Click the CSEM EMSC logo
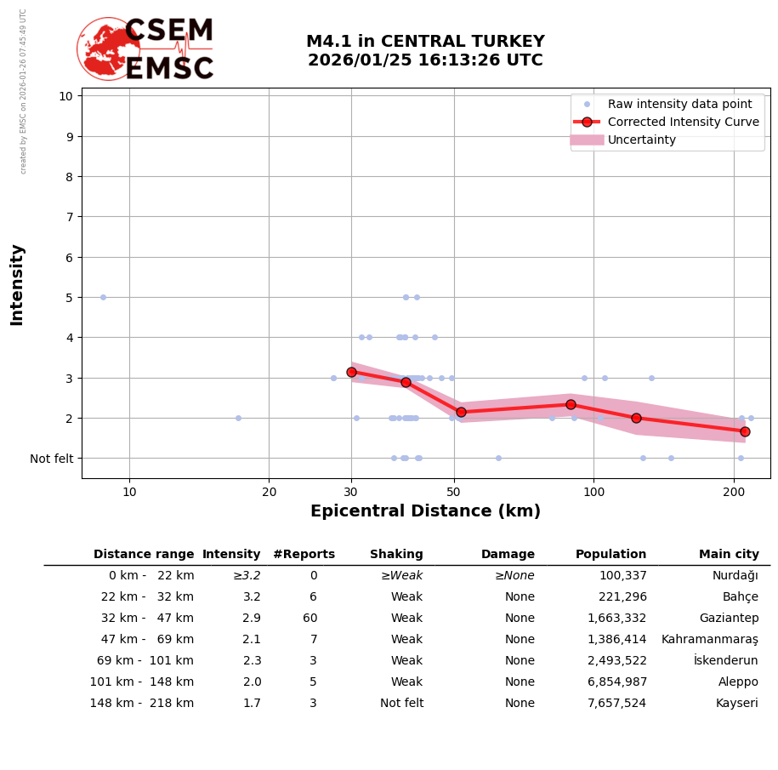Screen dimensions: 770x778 click(x=145, y=49)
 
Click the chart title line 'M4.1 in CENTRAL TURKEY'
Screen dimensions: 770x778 click(x=425, y=42)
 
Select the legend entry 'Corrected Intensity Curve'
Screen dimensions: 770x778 click(x=683, y=122)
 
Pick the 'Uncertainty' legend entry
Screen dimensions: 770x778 click(x=641, y=140)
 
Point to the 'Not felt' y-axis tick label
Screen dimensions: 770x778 click(x=52, y=459)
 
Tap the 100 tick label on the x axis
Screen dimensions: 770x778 click(x=593, y=492)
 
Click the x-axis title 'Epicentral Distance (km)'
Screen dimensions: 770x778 click(x=425, y=511)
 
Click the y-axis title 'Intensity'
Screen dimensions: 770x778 click(x=17, y=284)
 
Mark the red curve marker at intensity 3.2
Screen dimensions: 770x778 click(x=351, y=372)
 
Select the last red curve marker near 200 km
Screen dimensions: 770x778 click(x=745, y=431)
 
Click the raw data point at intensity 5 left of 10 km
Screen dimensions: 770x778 click(x=103, y=297)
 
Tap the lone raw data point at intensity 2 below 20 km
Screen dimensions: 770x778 click(x=238, y=418)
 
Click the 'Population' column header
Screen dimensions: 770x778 click(x=610, y=555)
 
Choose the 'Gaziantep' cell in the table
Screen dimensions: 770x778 click(x=729, y=619)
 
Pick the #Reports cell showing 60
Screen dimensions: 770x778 click(x=309, y=619)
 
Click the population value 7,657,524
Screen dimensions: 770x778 click(x=616, y=704)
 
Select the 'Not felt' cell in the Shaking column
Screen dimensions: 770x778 click(x=401, y=704)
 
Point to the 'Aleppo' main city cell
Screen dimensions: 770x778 click(x=738, y=682)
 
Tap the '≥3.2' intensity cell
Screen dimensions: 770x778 click(x=247, y=576)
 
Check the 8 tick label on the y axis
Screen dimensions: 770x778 click(x=66, y=176)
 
